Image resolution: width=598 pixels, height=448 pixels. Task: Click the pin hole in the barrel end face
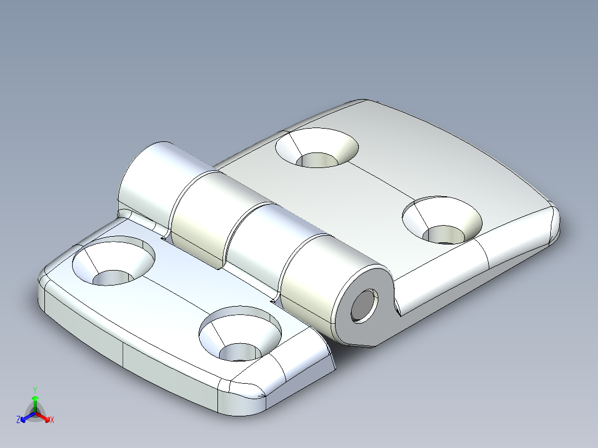[x=363, y=306]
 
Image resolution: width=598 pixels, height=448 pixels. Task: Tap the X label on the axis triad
[x=52, y=420]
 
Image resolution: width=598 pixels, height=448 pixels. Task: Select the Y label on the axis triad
[x=34, y=390]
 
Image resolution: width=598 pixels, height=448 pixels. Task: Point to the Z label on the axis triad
[x=18, y=420]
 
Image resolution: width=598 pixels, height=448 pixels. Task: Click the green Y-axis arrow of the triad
[x=35, y=401]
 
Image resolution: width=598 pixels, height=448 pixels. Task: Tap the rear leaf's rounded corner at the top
[x=363, y=104]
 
